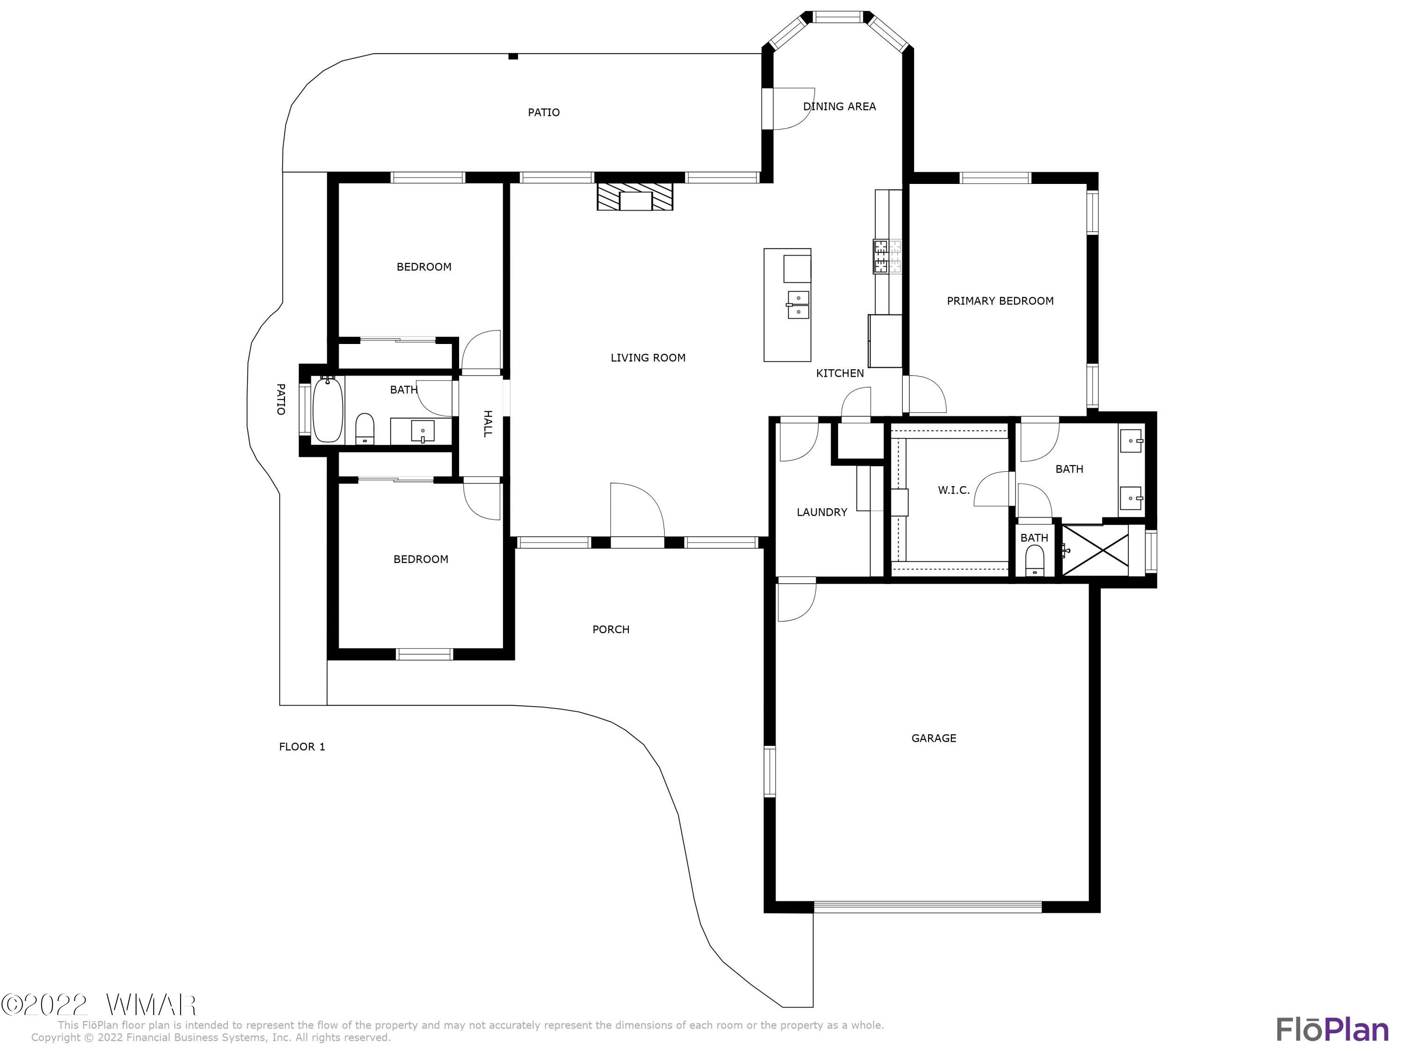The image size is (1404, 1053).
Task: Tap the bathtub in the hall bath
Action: pos(328,409)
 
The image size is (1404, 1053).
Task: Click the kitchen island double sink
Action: pos(798,305)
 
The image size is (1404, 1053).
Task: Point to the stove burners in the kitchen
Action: pos(887,256)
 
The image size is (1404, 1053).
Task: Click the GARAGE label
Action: pos(933,738)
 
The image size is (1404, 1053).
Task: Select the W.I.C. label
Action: pos(953,490)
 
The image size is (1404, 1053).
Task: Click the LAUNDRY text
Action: pos(821,512)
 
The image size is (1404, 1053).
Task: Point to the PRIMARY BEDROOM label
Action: pos(1000,301)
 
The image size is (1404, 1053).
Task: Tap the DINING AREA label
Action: pos(839,107)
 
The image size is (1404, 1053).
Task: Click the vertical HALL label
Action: pos(488,424)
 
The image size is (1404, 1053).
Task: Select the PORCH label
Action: pos(611,629)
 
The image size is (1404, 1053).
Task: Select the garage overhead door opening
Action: pos(927,907)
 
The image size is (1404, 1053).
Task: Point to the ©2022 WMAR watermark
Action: pos(98,1005)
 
